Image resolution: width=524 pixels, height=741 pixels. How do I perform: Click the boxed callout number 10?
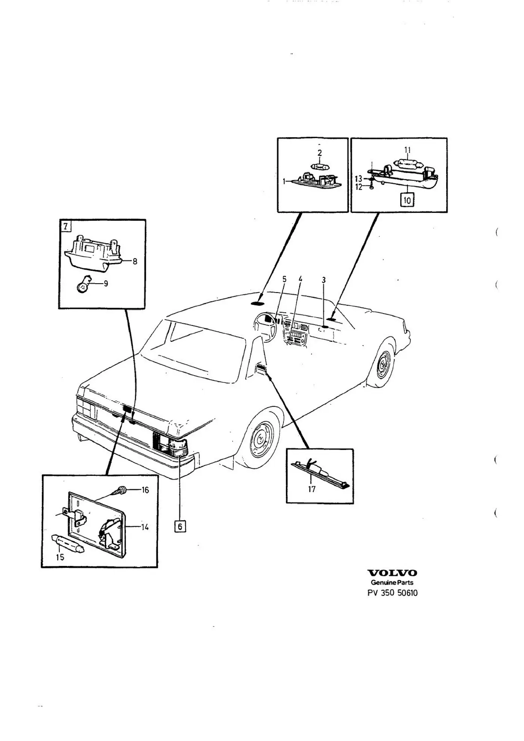(407, 200)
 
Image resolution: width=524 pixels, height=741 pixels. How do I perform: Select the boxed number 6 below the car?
(180, 526)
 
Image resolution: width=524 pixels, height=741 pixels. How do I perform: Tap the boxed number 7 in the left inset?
(65, 226)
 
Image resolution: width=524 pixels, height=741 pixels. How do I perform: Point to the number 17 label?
(312, 489)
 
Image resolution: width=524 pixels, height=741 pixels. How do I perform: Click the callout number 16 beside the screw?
(145, 490)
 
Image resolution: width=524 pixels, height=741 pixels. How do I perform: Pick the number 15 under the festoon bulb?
(60, 557)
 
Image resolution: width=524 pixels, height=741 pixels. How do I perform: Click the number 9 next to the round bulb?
(106, 284)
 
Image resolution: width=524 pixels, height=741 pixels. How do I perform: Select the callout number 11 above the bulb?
(407, 150)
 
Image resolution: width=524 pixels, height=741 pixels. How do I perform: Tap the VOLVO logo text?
(392, 584)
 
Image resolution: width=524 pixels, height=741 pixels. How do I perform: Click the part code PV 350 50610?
(393, 603)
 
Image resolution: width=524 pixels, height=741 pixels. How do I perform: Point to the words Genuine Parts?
(392, 593)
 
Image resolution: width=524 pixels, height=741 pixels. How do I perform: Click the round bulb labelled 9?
(83, 285)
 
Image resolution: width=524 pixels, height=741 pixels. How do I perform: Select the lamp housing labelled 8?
(95, 253)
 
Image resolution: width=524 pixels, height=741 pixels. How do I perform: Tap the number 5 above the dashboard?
(284, 279)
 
